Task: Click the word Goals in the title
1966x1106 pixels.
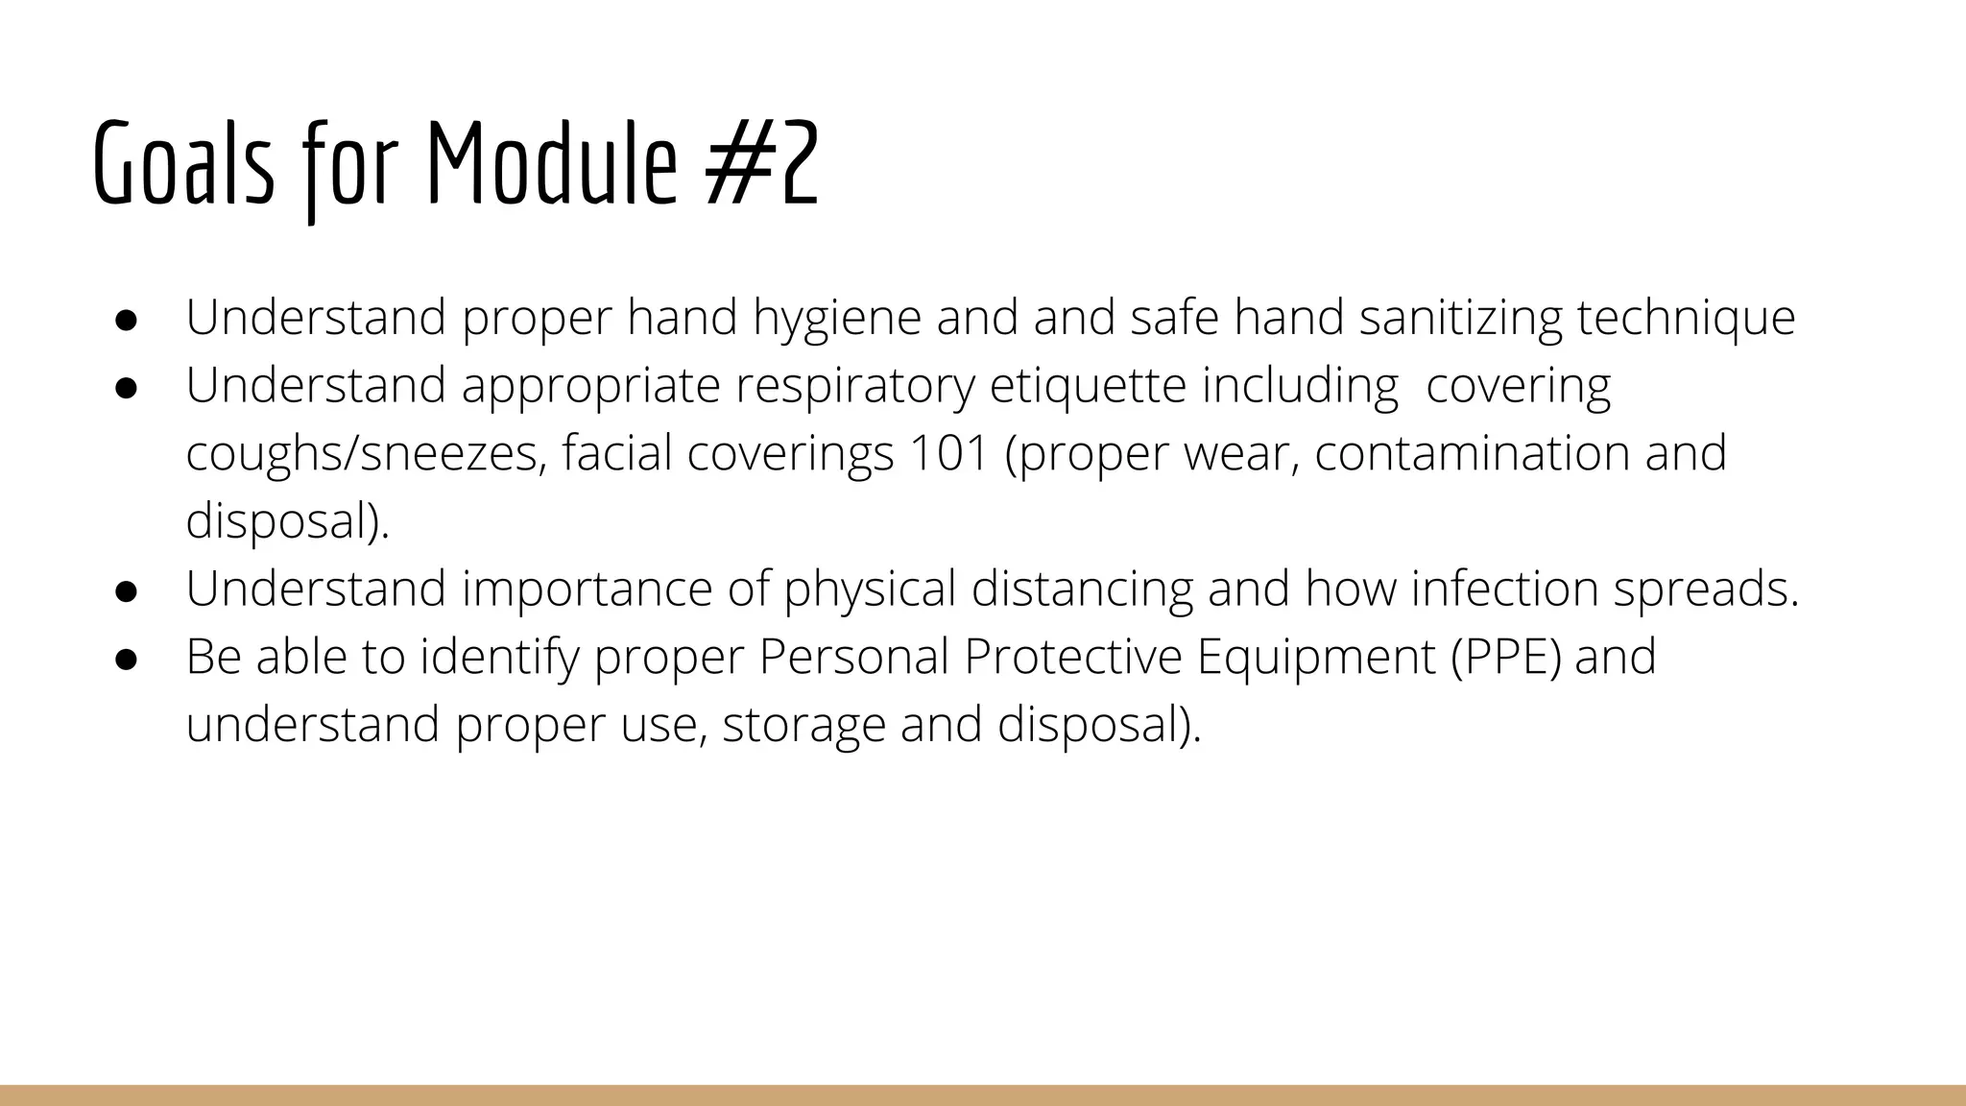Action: [183, 163]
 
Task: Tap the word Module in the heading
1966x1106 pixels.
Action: [551, 163]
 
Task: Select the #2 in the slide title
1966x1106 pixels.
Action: [762, 163]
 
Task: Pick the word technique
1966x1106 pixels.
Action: [1686, 319]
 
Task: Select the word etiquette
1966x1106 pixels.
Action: [1088, 386]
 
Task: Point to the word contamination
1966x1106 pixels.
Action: [1472, 454]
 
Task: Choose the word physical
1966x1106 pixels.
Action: [870, 589]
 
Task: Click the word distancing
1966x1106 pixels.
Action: [1082, 589]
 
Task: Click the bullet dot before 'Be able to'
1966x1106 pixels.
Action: [126, 659]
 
